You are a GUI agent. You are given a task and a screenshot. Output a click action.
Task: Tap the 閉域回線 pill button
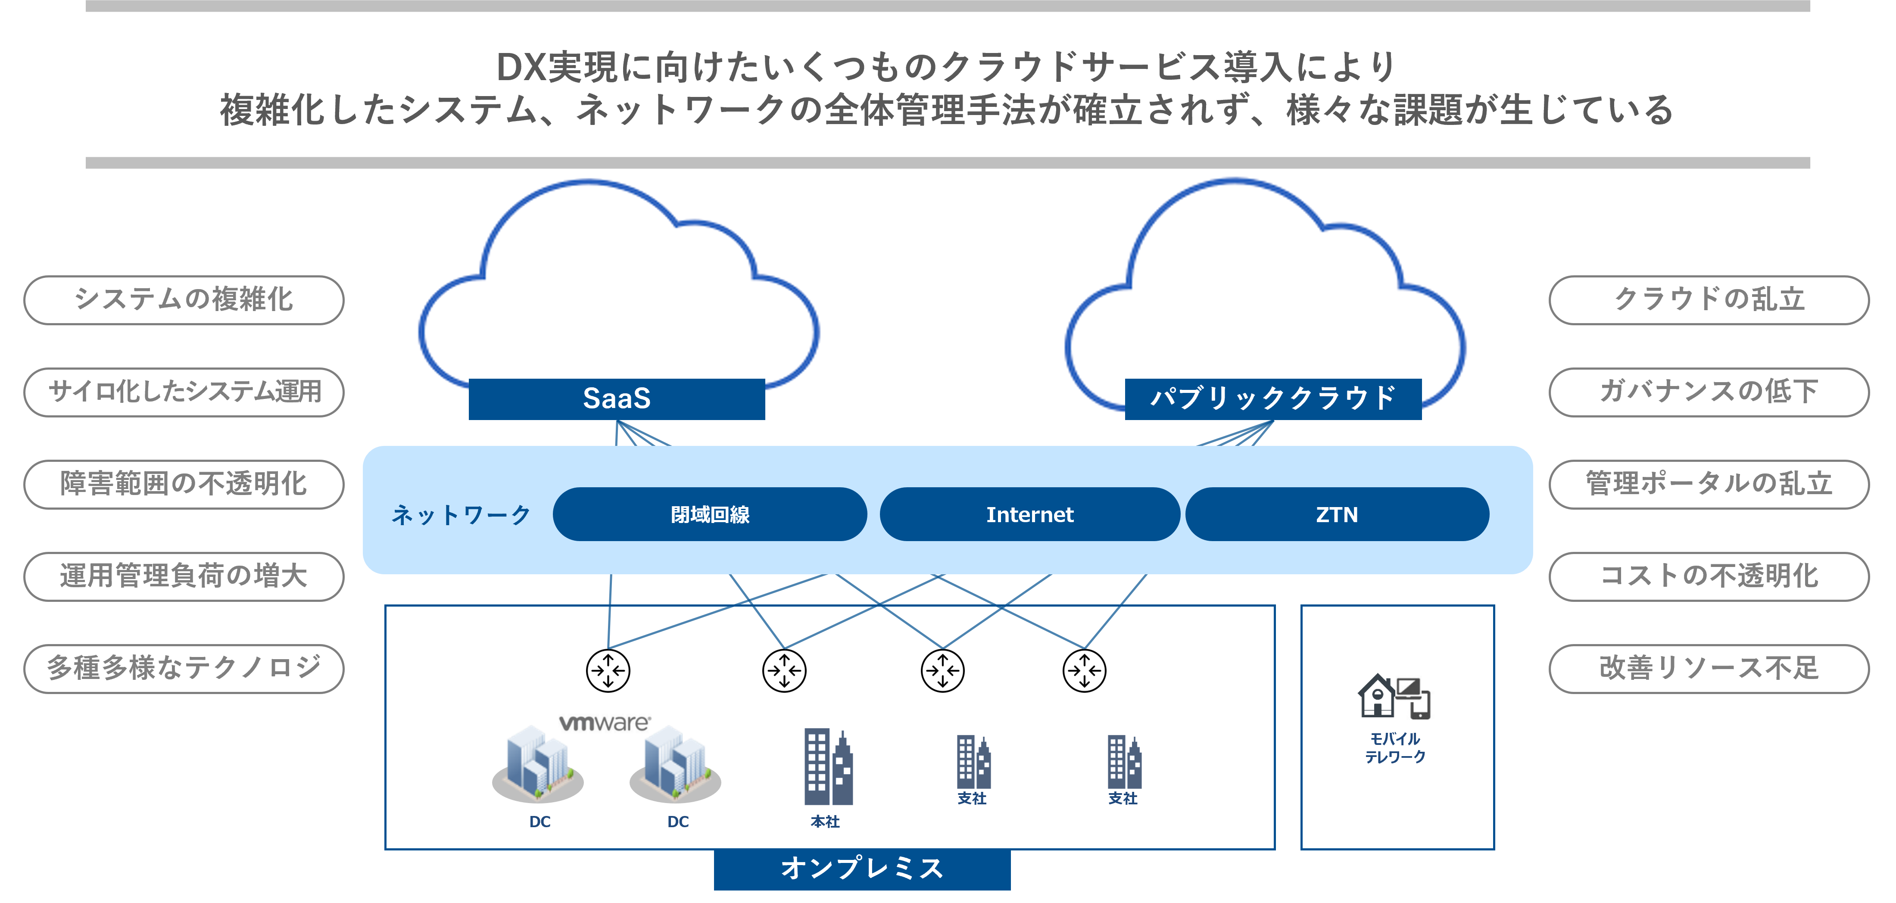pos(710,514)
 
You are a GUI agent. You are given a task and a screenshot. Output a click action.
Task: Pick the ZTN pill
pos(1337,514)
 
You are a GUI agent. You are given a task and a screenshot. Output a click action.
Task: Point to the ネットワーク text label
pos(461,514)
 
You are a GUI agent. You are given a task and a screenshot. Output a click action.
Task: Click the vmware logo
pos(606,722)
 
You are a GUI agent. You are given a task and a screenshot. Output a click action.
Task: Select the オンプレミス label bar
pos(862,869)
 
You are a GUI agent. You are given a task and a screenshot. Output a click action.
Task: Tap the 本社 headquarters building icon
pos(828,767)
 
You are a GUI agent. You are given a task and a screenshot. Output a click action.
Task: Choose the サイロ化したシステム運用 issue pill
pos(184,392)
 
